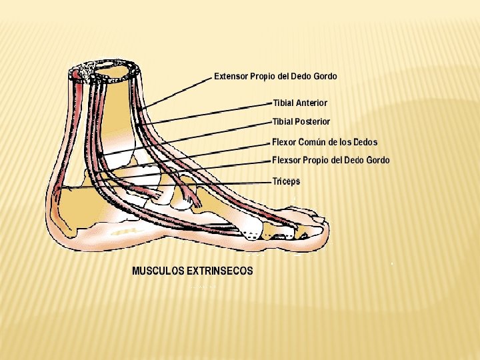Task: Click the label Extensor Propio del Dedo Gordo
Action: (x=275, y=76)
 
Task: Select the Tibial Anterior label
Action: (x=300, y=103)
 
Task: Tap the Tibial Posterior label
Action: (x=301, y=121)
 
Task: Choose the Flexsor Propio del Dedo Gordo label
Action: (x=331, y=160)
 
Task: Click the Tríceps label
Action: (x=287, y=181)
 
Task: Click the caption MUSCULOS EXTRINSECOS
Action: (x=193, y=271)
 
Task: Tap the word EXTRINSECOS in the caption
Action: (x=220, y=271)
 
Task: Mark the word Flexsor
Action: (x=287, y=160)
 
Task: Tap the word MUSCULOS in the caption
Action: (x=158, y=271)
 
